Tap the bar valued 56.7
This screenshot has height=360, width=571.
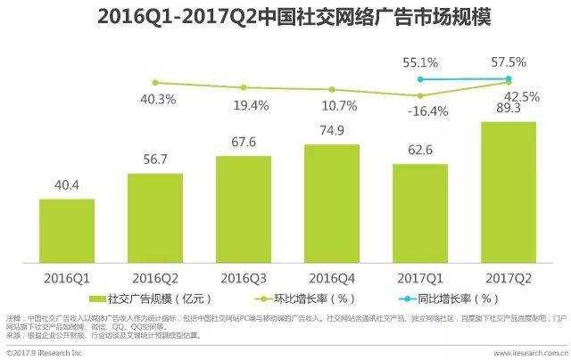point(154,217)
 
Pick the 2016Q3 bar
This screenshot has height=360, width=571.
point(243,209)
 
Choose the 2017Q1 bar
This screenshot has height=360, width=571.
point(419,213)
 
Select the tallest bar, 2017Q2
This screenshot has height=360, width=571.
point(508,192)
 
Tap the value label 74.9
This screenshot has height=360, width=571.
point(331,130)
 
